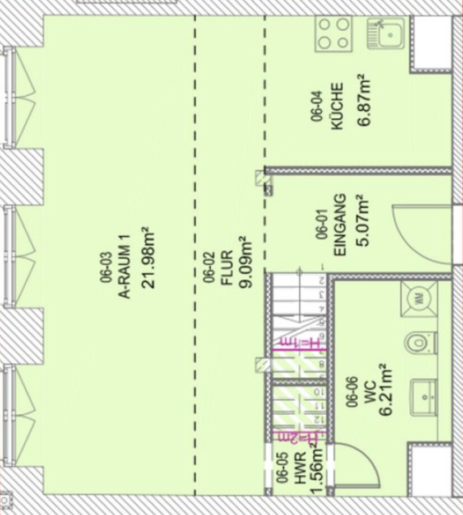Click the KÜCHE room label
[x=337, y=106]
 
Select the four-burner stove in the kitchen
[x=334, y=33]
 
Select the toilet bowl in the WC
[x=420, y=343]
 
